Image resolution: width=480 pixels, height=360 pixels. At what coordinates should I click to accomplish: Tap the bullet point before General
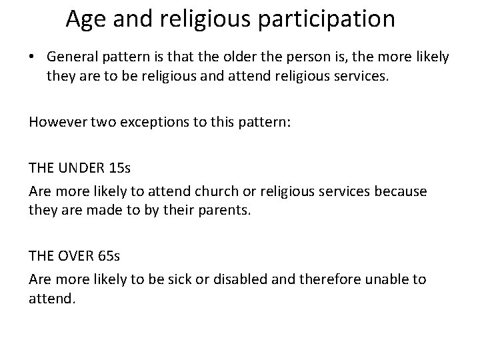click(x=34, y=58)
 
